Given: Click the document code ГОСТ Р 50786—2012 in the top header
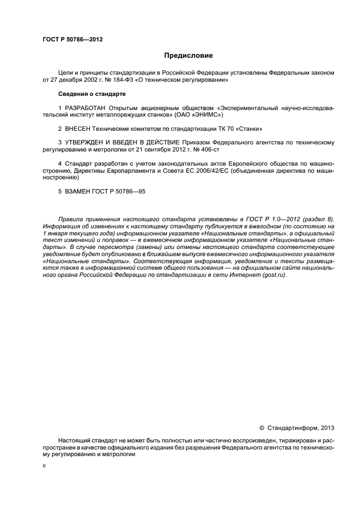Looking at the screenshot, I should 72,40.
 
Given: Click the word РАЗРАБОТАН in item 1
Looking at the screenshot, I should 84,108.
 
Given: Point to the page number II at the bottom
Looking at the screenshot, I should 44,466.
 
